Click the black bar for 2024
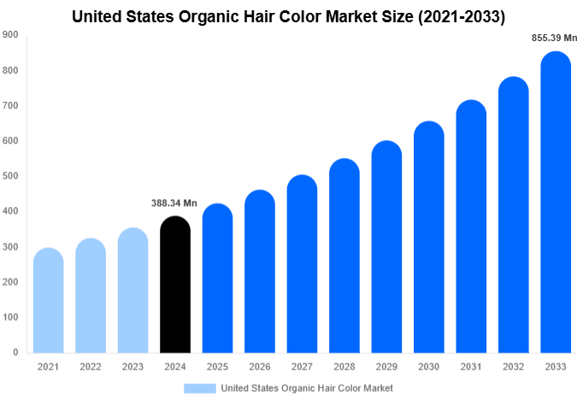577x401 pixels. (175, 286)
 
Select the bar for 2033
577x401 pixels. (556, 205)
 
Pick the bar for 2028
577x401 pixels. (344, 257)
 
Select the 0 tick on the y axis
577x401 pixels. (15, 352)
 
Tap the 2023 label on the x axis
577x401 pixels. (132, 367)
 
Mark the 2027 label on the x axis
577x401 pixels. (302, 367)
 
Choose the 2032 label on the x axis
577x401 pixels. (513, 367)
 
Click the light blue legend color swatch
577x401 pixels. (199, 388)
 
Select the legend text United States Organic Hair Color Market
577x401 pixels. (307, 388)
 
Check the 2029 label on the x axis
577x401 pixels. (386, 367)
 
